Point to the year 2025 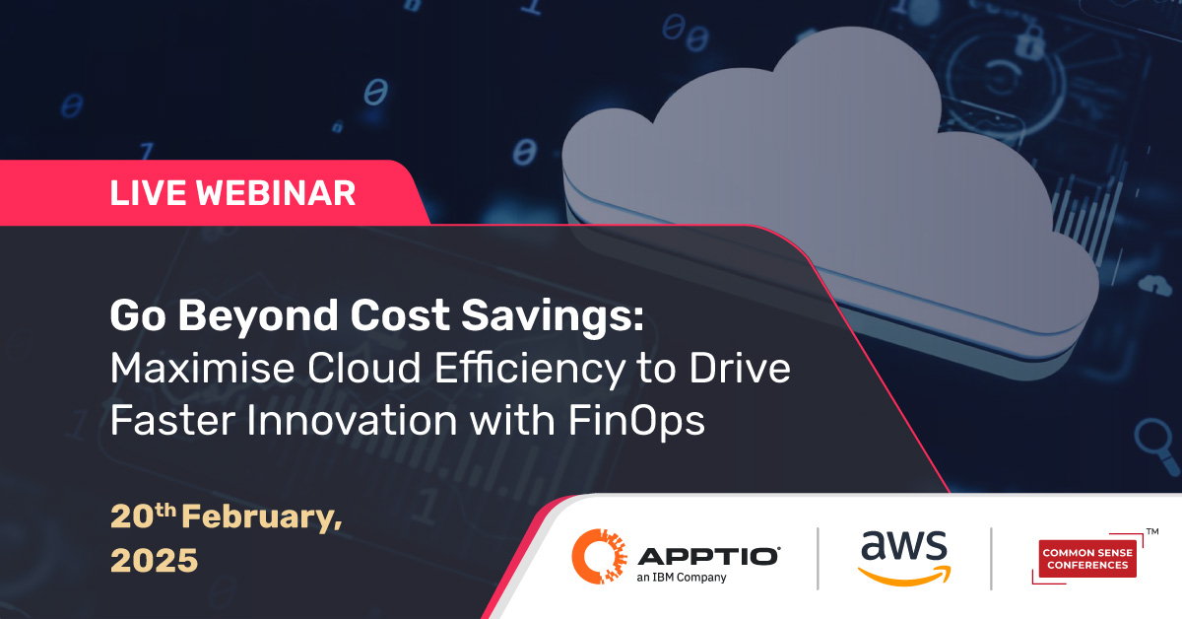(154, 560)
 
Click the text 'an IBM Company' (682, 578)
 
